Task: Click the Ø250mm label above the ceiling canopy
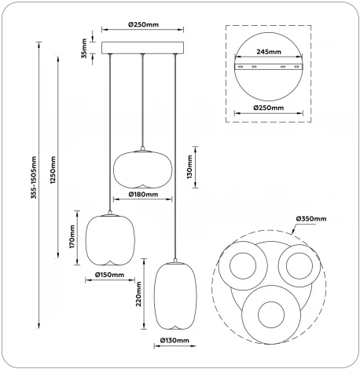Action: [143, 24]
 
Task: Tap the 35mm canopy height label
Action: [84, 49]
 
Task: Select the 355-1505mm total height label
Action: [34, 177]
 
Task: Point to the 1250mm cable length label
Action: [53, 170]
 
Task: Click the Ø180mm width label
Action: [143, 195]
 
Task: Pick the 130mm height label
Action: [189, 167]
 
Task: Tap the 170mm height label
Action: [72, 237]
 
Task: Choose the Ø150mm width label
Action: [109, 275]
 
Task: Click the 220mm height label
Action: [138, 294]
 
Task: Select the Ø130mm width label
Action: [174, 340]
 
